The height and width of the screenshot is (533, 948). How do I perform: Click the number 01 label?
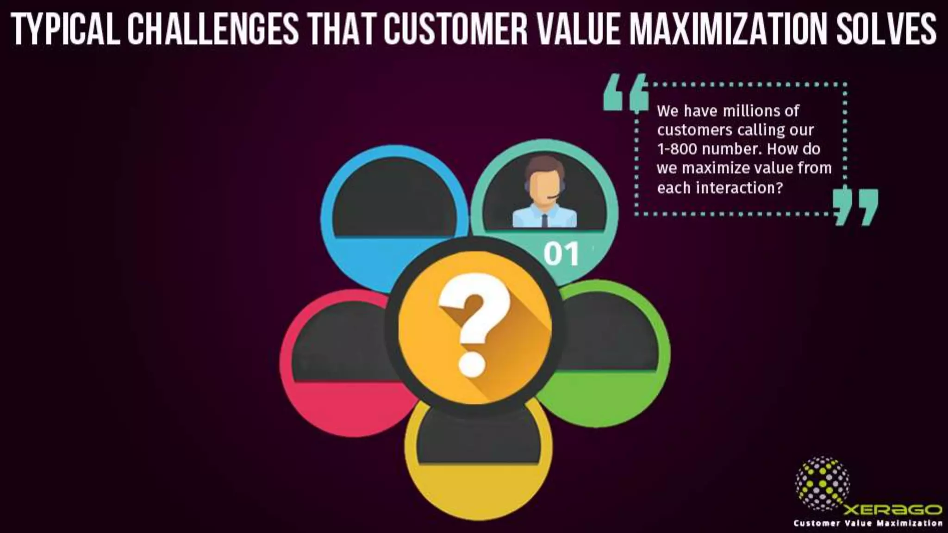tap(561, 254)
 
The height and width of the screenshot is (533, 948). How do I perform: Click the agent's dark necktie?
tap(544, 220)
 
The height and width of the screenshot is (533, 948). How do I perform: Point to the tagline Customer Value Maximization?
tap(868, 524)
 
